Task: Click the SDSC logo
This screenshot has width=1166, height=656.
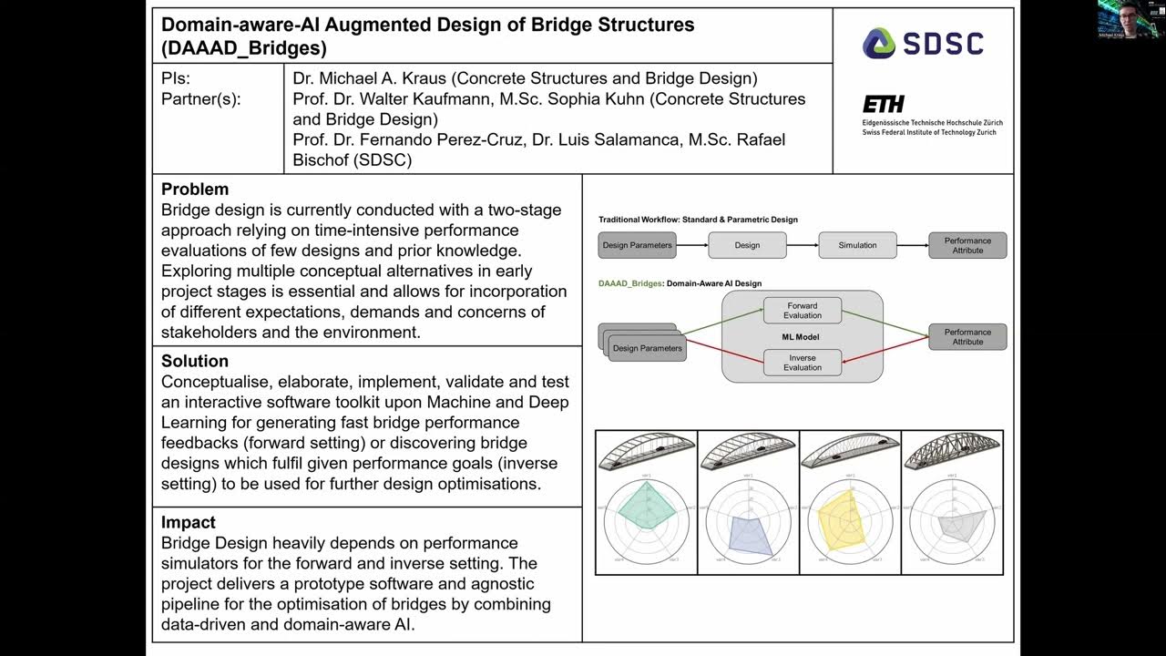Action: pyautogui.click(x=923, y=43)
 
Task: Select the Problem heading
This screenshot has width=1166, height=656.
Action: pyautogui.click(x=195, y=190)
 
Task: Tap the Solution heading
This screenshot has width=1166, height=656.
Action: pyautogui.click(x=195, y=361)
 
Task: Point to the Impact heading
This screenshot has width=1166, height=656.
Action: pyautogui.click(x=189, y=522)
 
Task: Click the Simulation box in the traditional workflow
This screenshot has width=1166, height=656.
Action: pyautogui.click(x=857, y=245)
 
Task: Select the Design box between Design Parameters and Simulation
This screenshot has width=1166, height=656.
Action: pyautogui.click(x=747, y=245)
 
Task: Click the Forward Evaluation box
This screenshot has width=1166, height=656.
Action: pyautogui.click(x=803, y=311)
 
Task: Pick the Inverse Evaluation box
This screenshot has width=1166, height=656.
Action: pyautogui.click(x=803, y=363)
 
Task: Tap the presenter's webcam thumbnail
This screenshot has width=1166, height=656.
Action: pyautogui.click(x=1130, y=19)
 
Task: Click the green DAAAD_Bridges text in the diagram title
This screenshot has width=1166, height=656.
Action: pyautogui.click(x=630, y=283)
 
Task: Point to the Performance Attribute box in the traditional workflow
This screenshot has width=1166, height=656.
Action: pyautogui.click(x=967, y=245)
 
